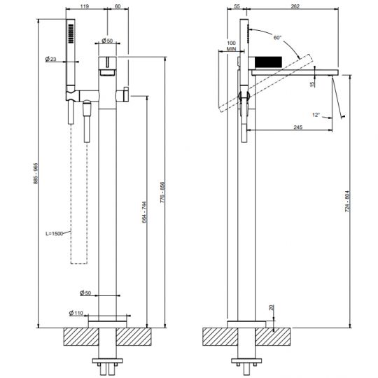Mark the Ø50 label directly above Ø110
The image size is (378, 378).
[85, 292]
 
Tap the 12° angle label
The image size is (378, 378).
[316, 114]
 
